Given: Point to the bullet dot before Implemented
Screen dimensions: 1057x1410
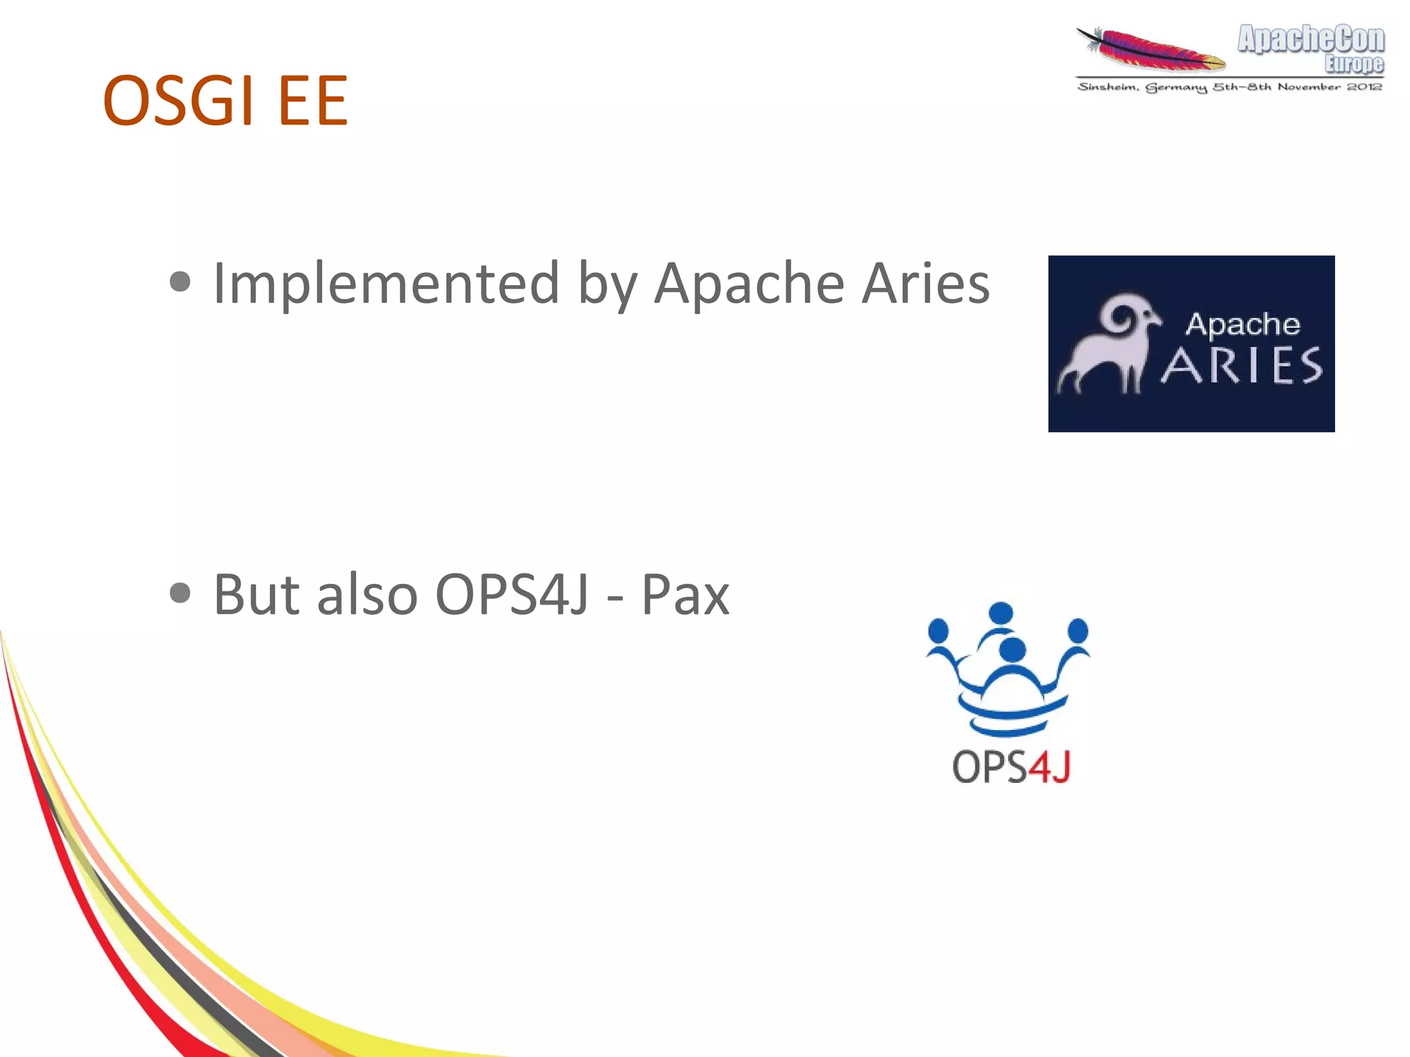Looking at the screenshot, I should (x=180, y=282).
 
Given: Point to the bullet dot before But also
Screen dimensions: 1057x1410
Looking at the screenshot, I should (x=180, y=593).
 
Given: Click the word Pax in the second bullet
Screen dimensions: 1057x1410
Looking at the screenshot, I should (x=685, y=594).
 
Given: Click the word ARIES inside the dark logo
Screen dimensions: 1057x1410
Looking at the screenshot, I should (x=1242, y=366).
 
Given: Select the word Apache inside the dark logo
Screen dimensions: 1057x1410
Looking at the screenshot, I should (x=1242, y=324).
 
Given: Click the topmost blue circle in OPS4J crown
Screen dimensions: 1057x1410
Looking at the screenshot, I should (x=1000, y=612).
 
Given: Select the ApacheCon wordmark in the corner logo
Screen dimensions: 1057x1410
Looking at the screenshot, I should (x=1311, y=39).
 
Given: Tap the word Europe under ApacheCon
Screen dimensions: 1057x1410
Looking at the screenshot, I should (x=1354, y=64).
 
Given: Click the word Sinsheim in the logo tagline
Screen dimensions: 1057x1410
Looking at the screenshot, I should (x=1107, y=87).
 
